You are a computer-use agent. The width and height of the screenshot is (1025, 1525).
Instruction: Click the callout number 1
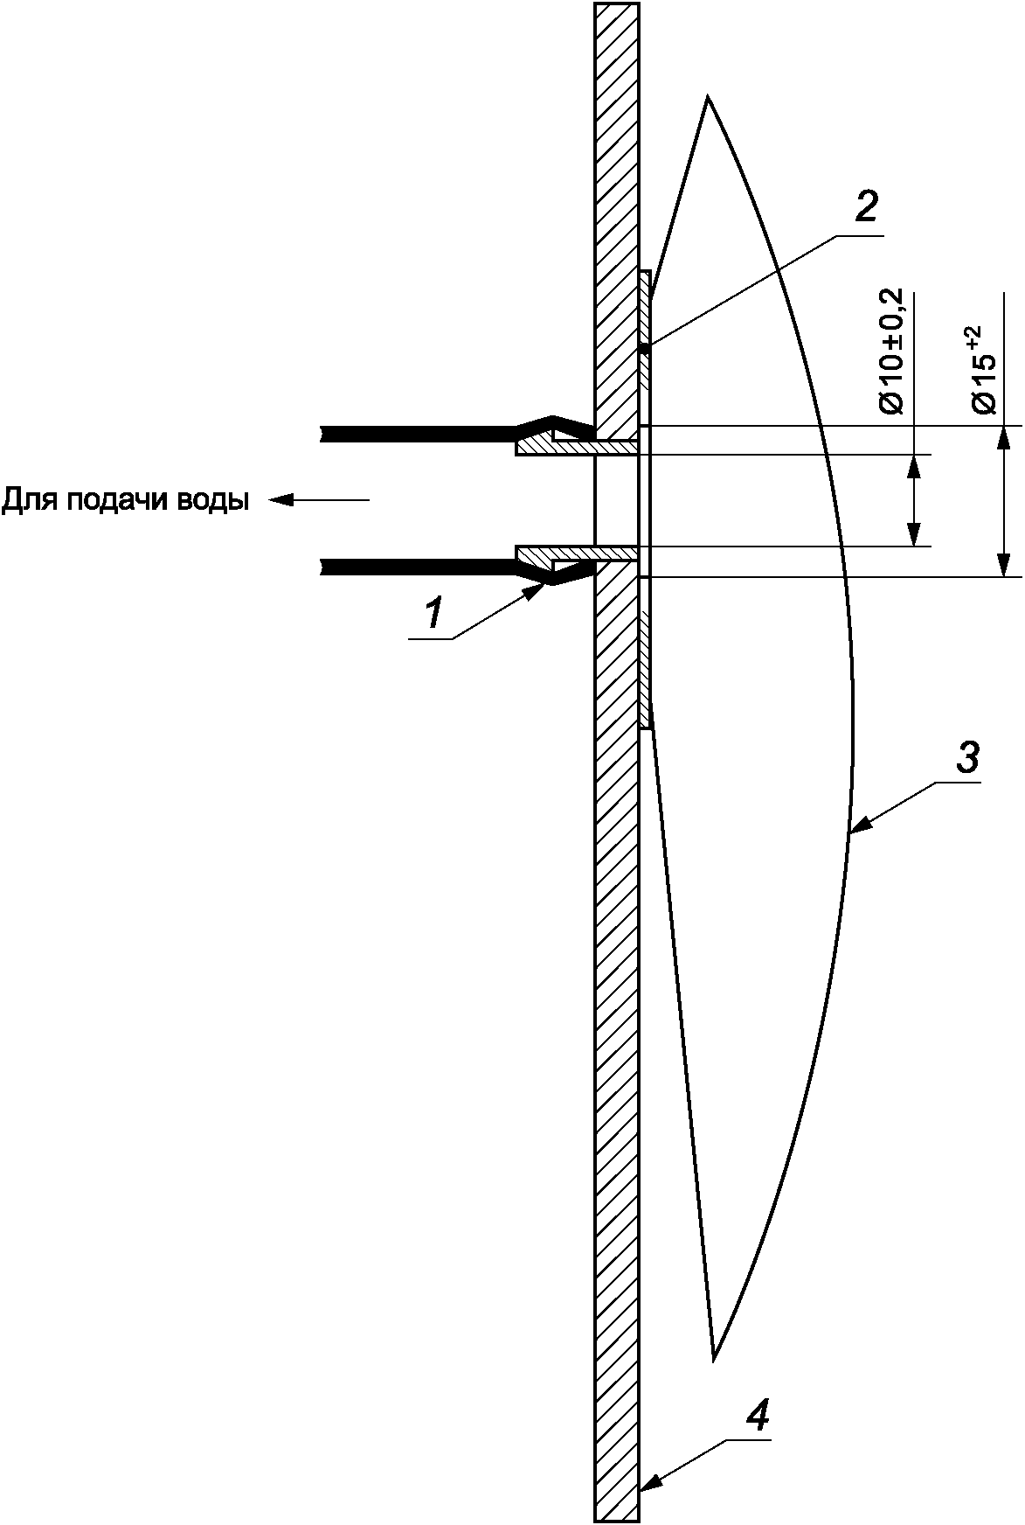[434, 613]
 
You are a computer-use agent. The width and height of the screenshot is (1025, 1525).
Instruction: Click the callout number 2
[865, 207]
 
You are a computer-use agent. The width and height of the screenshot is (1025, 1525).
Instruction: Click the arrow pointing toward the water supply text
[319, 500]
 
